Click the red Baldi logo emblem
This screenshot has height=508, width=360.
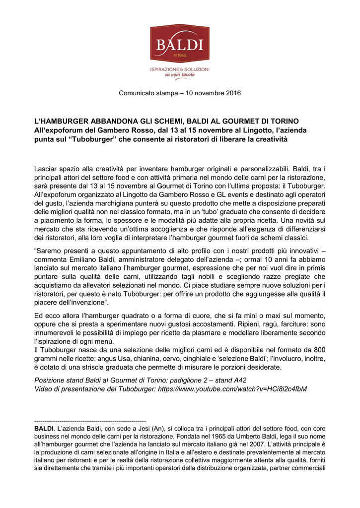coord(180,44)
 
